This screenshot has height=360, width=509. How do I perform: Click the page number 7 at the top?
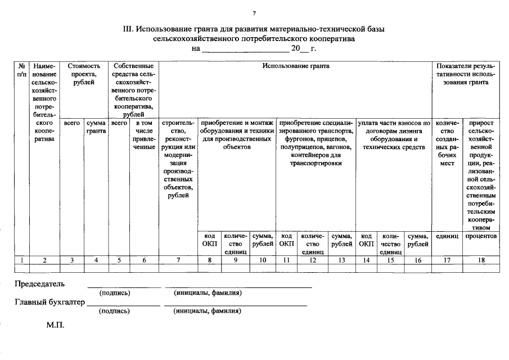(x=254, y=13)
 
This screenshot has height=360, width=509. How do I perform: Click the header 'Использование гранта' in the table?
(x=296, y=66)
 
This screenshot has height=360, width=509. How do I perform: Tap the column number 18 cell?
(x=480, y=260)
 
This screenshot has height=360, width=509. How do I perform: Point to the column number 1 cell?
(x=21, y=260)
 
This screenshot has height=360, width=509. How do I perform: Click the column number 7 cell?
(x=178, y=260)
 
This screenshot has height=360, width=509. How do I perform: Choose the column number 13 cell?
(x=341, y=260)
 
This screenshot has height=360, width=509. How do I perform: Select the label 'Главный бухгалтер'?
(x=49, y=303)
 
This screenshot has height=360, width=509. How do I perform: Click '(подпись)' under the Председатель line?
(x=115, y=292)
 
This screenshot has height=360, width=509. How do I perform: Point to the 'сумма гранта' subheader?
(x=96, y=127)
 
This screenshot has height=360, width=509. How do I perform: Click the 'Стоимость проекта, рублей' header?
(x=84, y=74)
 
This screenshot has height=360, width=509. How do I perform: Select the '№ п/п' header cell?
(x=21, y=70)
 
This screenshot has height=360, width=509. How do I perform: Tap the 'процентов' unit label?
(x=480, y=236)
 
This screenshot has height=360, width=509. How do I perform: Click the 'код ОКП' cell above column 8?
(x=209, y=240)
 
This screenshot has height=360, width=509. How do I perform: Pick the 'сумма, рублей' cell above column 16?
(x=418, y=240)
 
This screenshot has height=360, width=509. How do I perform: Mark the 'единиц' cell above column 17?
(x=447, y=236)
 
